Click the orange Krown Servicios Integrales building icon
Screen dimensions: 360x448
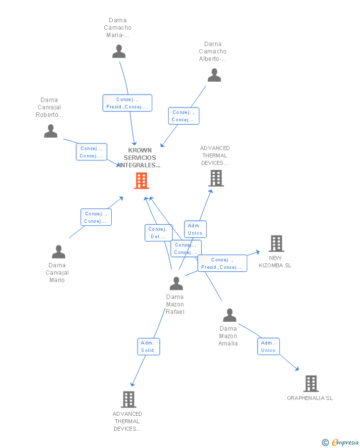click(141, 181)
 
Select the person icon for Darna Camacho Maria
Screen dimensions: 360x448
click(119, 51)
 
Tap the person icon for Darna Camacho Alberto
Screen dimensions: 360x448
click(214, 75)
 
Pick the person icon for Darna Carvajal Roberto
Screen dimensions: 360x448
click(50, 131)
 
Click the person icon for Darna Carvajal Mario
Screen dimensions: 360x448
click(58, 252)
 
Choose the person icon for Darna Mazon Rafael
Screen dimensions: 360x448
click(176, 284)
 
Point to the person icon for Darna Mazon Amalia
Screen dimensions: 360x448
click(229, 315)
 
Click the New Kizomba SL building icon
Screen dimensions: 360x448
click(276, 244)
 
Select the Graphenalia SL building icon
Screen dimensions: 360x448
click(311, 383)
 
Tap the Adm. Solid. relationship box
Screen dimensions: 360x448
click(148, 347)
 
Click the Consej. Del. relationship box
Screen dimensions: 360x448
click(158, 233)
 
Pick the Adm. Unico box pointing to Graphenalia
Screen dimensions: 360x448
click(268, 347)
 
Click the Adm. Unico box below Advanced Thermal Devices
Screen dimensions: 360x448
click(195, 229)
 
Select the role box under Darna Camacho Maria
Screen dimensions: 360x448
click(127, 103)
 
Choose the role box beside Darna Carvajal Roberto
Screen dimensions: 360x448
click(91, 152)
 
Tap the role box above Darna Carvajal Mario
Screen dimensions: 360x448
click(96, 217)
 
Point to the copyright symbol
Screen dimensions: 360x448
click(325, 443)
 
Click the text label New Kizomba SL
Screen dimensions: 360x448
click(275, 261)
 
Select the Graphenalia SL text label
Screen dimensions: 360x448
click(310, 398)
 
